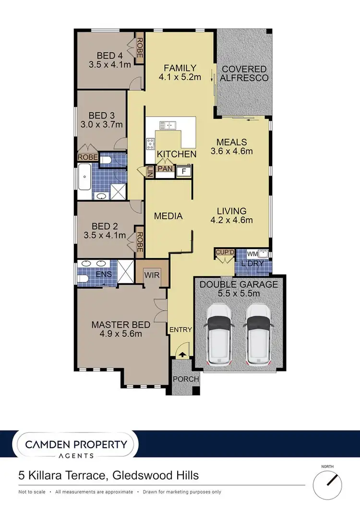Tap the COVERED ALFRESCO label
click(245, 73)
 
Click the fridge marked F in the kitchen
click(183, 171)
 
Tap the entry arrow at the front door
click(181, 354)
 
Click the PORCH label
click(186, 379)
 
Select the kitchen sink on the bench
click(168, 126)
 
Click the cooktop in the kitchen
click(150, 142)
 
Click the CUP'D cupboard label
click(224, 252)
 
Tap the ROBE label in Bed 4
click(140, 48)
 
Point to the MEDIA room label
click(168, 216)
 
